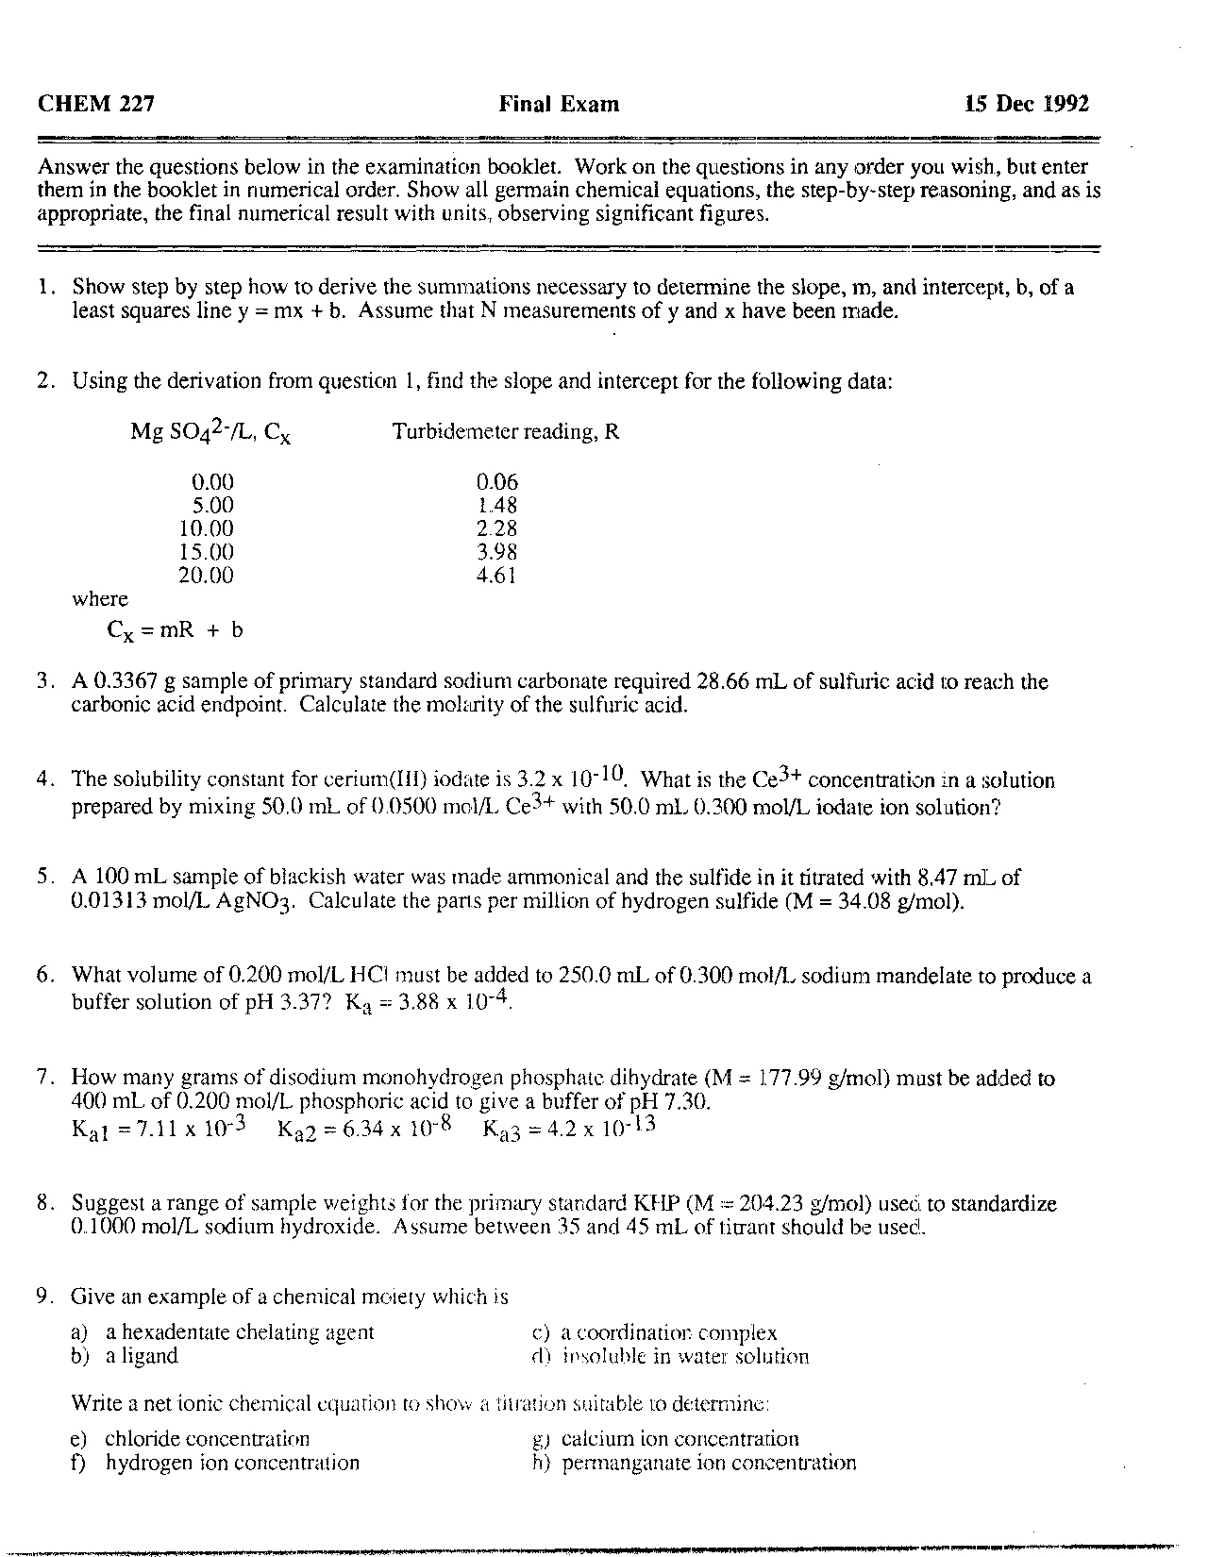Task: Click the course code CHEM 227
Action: (x=95, y=104)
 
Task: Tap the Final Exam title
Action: (x=559, y=104)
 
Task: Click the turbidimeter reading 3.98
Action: (x=497, y=552)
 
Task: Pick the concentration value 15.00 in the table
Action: (x=206, y=552)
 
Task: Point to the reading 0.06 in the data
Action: (x=497, y=482)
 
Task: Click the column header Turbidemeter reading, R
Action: (x=505, y=432)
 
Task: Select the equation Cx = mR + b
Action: (x=176, y=630)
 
